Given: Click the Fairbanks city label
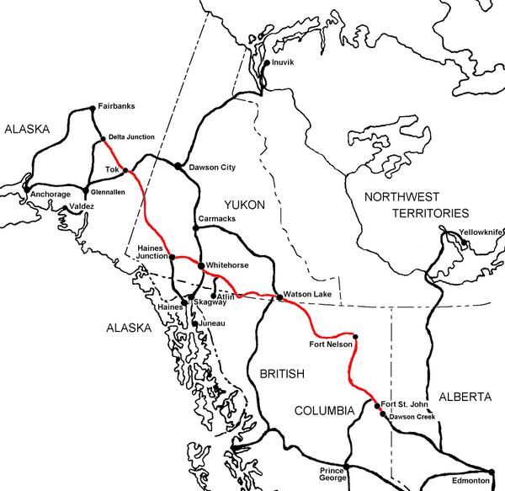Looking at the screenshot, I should click(x=116, y=106).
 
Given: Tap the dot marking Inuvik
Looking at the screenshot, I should click(x=267, y=63).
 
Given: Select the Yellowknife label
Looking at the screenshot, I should click(x=481, y=232).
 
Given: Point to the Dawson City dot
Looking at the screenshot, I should click(x=178, y=166).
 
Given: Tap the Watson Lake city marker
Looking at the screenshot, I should click(x=279, y=296).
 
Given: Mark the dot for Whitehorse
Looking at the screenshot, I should click(x=200, y=265).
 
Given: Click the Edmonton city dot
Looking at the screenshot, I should click(x=492, y=472).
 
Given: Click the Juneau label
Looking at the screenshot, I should click(x=210, y=323).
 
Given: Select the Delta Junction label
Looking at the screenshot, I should click(x=130, y=137).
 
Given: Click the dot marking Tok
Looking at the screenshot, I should click(x=126, y=171).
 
